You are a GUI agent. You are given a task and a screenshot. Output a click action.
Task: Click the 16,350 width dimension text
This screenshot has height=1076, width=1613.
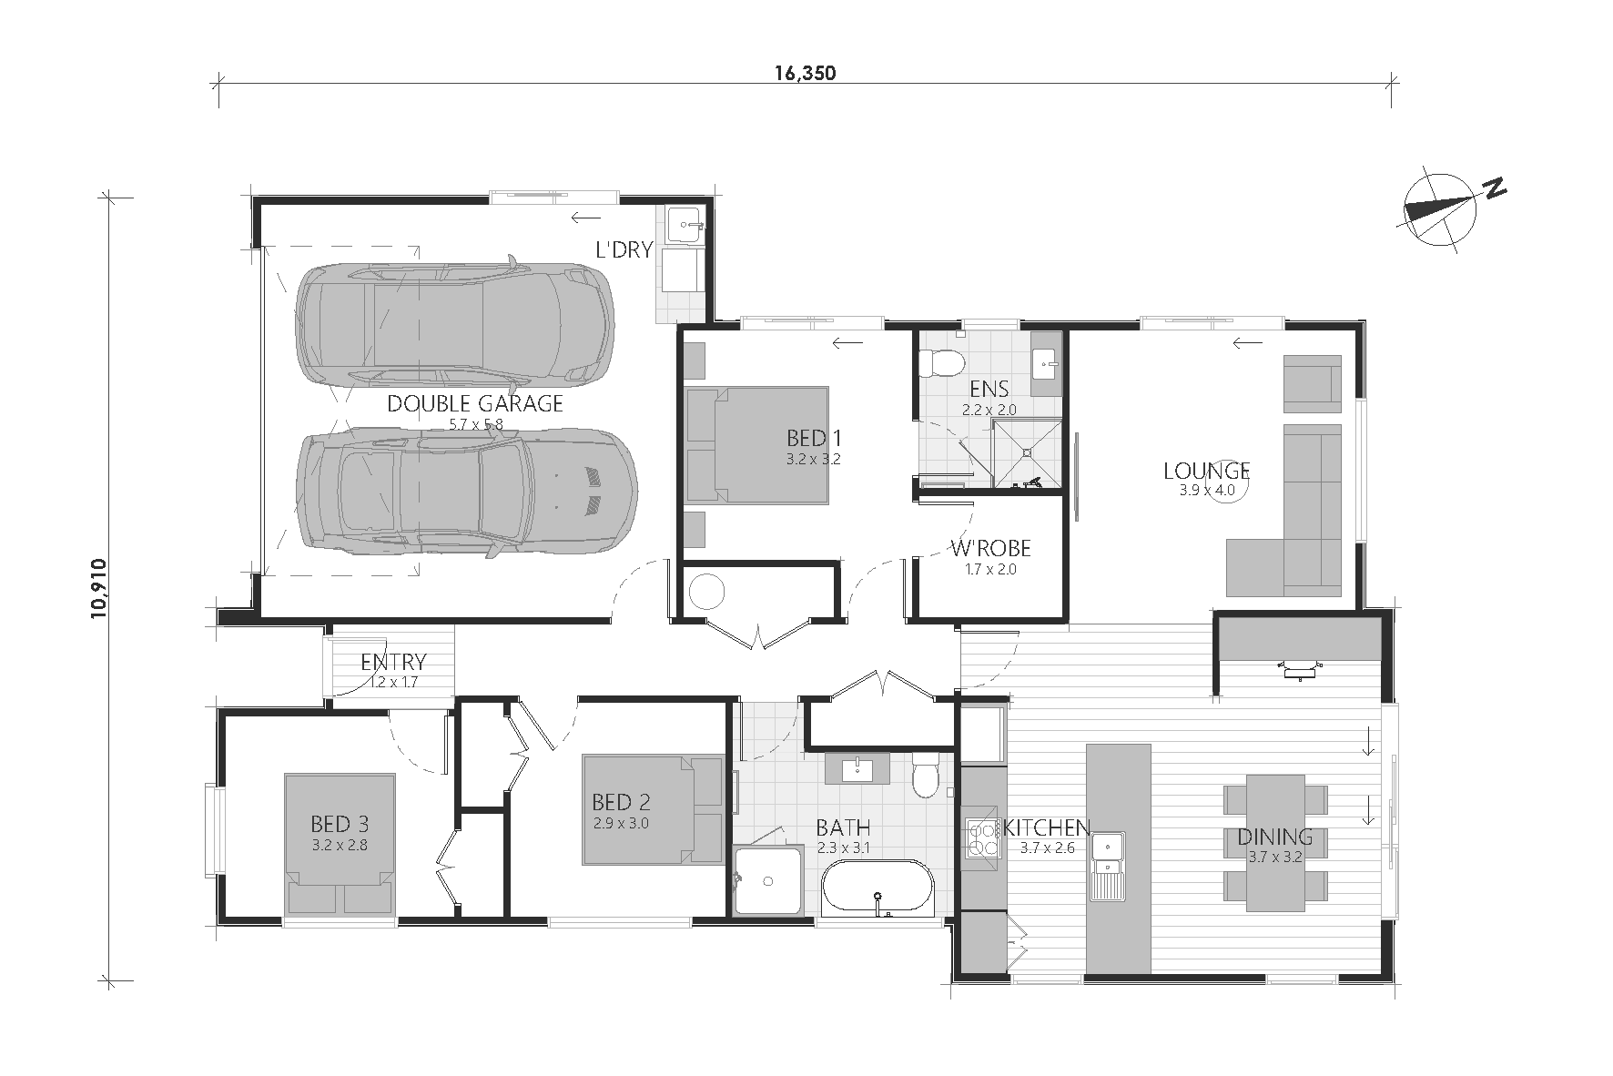pyautogui.click(x=806, y=74)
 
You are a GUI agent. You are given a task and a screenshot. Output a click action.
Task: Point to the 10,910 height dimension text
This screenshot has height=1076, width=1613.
pyautogui.click(x=100, y=589)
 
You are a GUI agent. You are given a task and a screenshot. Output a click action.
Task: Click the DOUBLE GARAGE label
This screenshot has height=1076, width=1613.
pyautogui.click(x=475, y=403)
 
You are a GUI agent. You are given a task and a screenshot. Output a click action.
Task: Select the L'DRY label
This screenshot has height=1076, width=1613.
pyautogui.click(x=624, y=249)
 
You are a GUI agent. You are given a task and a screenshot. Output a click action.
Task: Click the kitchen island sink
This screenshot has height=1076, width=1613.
pyautogui.click(x=1109, y=866)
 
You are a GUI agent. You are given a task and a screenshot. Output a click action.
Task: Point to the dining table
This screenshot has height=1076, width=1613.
pyautogui.click(x=1274, y=842)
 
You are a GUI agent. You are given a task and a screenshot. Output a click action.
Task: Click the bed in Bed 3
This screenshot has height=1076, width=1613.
pyautogui.click(x=340, y=845)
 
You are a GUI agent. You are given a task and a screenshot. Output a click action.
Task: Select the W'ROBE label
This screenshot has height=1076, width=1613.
pyautogui.click(x=990, y=548)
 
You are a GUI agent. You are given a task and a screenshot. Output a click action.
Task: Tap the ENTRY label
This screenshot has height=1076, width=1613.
pyautogui.click(x=393, y=662)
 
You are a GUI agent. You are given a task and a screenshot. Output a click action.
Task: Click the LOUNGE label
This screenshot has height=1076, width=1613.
pyautogui.click(x=1206, y=471)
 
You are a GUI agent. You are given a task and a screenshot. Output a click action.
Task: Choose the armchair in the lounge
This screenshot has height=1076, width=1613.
pyautogui.click(x=1312, y=381)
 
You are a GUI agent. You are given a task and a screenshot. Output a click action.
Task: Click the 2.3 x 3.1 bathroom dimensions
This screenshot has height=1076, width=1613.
pyautogui.click(x=843, y=848)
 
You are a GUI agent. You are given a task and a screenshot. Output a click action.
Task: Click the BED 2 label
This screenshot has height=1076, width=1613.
pyautogui.click(x=621, y=802)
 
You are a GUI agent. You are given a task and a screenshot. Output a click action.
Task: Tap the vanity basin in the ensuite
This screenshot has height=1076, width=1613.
pyautogui.click(x=1047, y=365)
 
